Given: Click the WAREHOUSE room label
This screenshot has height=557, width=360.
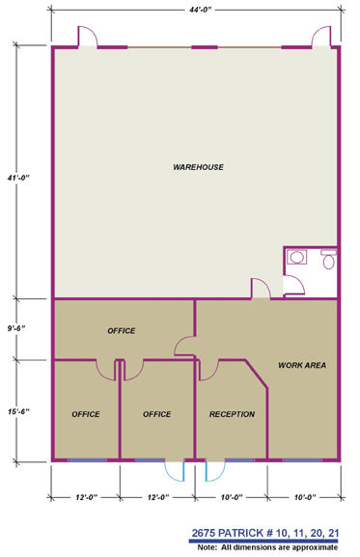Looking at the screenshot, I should [198, 167].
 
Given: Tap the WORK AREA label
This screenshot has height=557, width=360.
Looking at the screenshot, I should [301, 365].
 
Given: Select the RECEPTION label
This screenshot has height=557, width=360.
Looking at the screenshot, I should [232, 414].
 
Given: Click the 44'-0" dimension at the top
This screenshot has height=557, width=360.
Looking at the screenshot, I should [200, 10].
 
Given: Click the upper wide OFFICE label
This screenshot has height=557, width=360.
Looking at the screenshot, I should [121, 330].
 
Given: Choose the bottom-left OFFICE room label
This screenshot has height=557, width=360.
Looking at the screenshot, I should [86, 414].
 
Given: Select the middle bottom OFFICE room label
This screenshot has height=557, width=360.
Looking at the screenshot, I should [156, 414].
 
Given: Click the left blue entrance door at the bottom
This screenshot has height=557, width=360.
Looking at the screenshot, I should [175, 470].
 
